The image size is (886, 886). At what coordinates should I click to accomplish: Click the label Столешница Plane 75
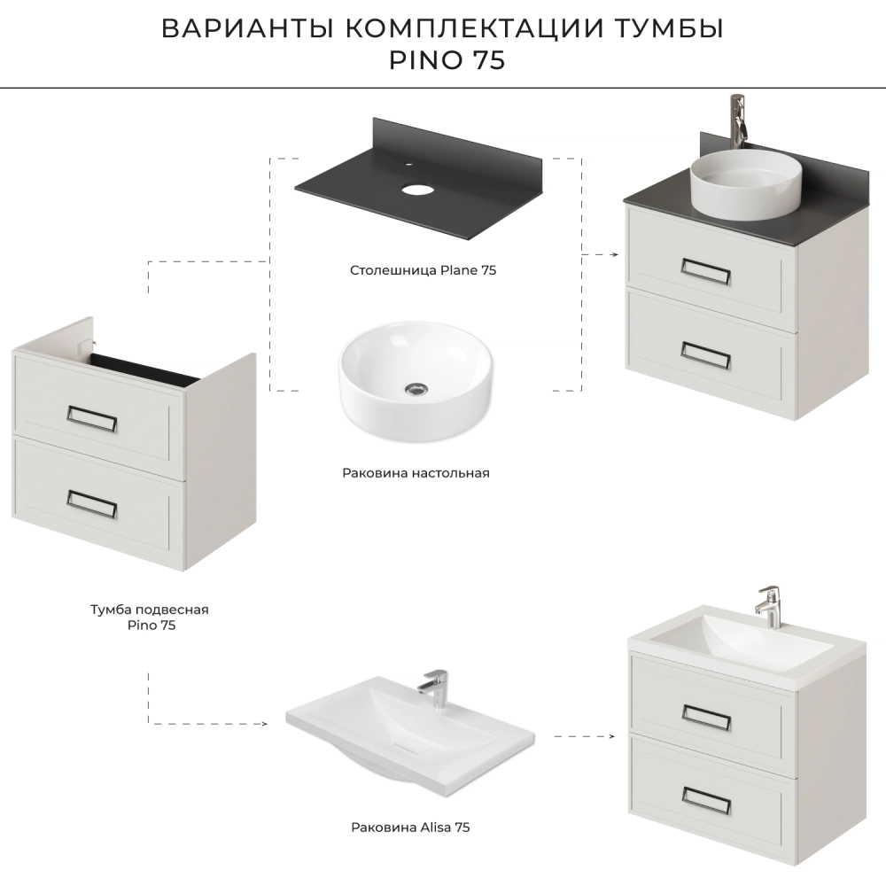click(423, 270)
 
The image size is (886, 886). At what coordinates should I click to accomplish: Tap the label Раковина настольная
click(416, 473)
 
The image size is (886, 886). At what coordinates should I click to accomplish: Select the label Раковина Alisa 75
click(410, 828)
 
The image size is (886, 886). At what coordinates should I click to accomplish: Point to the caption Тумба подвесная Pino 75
click(150, 617)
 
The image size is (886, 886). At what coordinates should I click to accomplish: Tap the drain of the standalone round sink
click(416, 388)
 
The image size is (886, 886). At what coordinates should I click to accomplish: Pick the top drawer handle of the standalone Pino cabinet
click(91, 418)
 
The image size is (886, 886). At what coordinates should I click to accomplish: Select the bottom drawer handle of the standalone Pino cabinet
click(91, 503)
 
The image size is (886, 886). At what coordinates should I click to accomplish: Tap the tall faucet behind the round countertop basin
click(738, 121)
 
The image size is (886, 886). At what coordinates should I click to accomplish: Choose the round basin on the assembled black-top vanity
click(746, 184)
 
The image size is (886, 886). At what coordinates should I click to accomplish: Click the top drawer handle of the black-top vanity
click(706, 272)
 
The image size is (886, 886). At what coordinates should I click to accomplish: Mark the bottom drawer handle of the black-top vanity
click(706, 355)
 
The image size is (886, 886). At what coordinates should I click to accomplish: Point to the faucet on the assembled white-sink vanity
click(768, 608)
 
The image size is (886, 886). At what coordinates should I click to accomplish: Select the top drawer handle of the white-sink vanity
click(706, 718)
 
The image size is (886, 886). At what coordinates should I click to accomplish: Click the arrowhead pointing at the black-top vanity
click(615, 255)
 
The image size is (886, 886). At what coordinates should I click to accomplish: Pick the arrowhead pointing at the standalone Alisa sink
click(264, 724)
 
